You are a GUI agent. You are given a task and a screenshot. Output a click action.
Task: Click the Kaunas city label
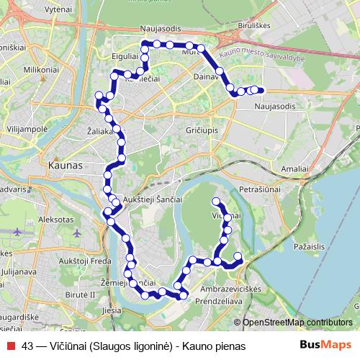tap(65, 165)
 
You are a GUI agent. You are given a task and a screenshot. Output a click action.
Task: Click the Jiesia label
tap(112, 310)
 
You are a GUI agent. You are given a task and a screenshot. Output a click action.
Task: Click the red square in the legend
tap(11, 346)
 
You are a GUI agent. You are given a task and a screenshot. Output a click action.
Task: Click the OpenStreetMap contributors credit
tap(297, 323)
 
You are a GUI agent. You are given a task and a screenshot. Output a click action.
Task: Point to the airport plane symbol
tap(17, 232)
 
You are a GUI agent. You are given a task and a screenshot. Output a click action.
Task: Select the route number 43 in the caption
tap(28, 346)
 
